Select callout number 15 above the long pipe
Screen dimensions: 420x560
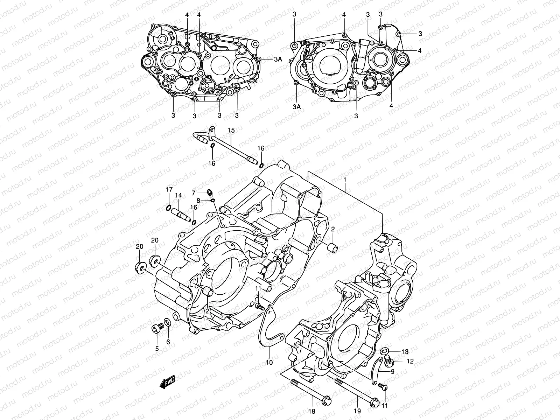231,131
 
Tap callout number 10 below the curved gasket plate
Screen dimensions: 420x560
269,363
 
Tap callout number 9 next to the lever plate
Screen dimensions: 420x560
392,372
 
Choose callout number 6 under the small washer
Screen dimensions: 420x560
168,342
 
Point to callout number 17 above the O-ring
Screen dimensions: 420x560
169,189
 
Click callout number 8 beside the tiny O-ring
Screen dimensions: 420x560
198,201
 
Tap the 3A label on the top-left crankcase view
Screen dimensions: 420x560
278,59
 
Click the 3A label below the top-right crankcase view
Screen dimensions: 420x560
296,107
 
